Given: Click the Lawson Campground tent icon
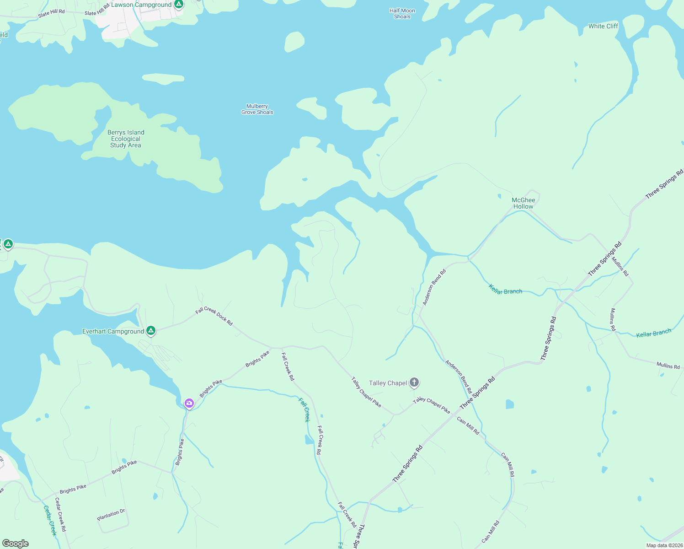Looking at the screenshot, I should click(x=179, y=5).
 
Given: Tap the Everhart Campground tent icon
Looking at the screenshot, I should click(x=151, y=331).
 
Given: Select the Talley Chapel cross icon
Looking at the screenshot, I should click(x=414, y=382).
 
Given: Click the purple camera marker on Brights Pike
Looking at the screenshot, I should click(x=189, y=404).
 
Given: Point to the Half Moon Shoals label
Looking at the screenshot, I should click(x=402, y=14).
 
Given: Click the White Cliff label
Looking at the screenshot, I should click(x=603, y=26).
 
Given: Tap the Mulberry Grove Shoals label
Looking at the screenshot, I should click(x=257, y=109).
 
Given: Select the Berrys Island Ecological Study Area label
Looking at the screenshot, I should click(x=126, y=139).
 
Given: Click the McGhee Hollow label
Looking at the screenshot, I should click(x=524, y=203).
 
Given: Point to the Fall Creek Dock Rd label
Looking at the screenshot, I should click(x=214, y=317).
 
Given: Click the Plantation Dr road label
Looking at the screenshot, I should click(x=111, y=515).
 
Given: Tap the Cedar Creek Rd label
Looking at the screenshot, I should click(x=60, y=514).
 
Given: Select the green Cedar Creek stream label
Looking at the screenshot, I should click(x=50, y=520).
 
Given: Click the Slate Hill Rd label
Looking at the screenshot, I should click(x=51, y=14).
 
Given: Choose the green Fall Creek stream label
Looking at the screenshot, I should click(x=304, y=409).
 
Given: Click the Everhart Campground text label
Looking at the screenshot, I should click(x=113, y=331).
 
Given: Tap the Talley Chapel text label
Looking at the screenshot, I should click(x=388, y=383).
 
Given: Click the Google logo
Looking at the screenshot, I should click(x=16, y=544).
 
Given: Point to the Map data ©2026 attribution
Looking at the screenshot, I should click(x=664, y=545).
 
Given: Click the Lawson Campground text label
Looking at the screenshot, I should click(x=141, y=5).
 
